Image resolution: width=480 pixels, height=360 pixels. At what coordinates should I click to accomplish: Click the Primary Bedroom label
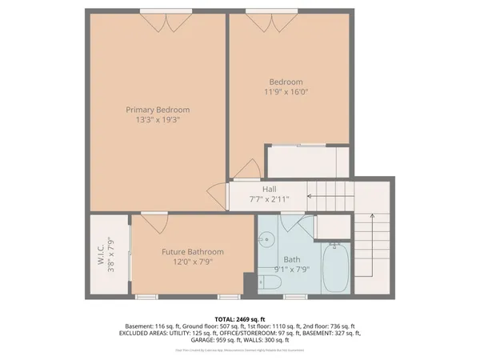(157, 110)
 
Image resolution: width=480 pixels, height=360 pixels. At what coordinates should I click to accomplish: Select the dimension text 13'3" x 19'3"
(157, 122)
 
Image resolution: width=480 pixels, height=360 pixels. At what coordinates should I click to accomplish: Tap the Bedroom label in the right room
(286, 82)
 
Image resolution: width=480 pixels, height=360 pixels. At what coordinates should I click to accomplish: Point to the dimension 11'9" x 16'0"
(286, 92)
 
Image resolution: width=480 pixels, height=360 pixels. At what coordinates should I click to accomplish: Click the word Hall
(258, 190)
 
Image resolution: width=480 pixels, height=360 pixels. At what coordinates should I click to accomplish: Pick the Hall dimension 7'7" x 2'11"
(258, 200)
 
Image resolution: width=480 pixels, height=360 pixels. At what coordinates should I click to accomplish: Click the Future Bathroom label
(192, 252)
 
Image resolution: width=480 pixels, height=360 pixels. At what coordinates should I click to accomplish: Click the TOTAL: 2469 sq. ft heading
(239, 318)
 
